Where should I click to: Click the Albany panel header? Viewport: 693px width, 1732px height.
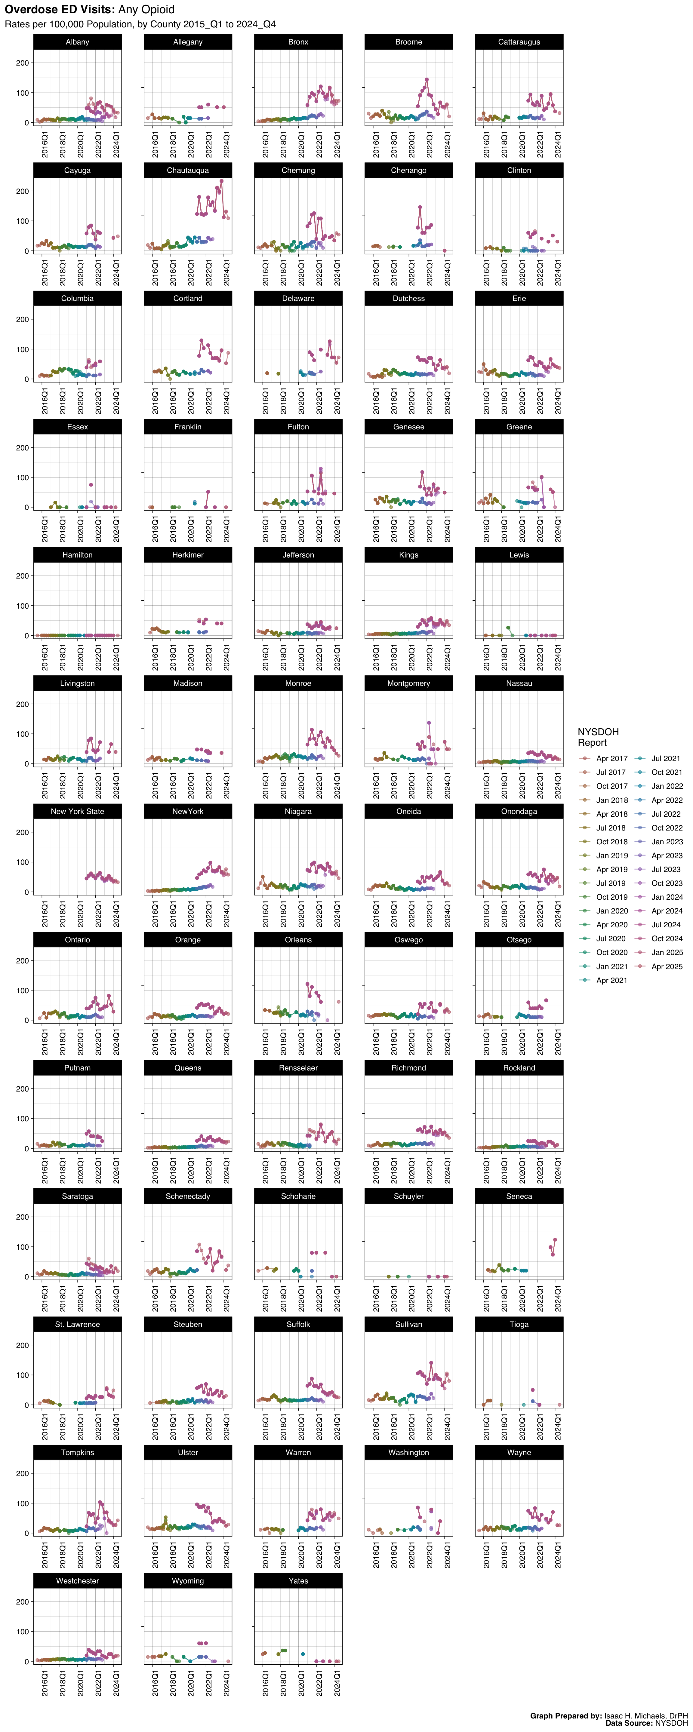click(77, 42)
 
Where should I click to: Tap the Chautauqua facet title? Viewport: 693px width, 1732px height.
click(188, 170)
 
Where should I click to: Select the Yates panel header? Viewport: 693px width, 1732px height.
click(298, 1581)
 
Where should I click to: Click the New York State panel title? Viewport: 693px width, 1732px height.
click(77, 812)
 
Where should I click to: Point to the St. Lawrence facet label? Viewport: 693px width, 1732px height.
click(77, 1325)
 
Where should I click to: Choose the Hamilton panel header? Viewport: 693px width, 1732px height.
click(77, 555)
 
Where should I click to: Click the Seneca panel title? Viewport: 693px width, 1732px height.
click(519, 1196)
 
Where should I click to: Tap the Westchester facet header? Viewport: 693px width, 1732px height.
click(77, 1581)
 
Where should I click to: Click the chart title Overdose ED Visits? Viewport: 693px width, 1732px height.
click(90, 9)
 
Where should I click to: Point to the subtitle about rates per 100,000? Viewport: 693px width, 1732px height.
click(140, 24)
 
